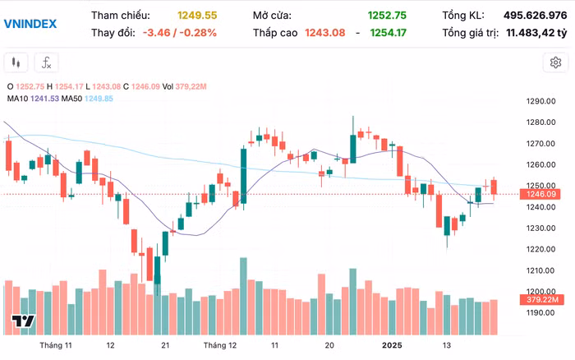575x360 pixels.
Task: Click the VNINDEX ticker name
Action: click(30, 23)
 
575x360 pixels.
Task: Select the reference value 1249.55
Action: click(197, 16)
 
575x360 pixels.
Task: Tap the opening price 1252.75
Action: click(388, 16)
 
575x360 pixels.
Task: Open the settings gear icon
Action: click(555, 62)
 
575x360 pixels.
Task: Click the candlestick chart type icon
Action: click(16, 62)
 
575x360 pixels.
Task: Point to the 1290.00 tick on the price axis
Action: click(542, 102)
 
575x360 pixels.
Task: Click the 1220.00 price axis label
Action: click(542, 249)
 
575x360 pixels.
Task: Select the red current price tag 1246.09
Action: click(543, 194)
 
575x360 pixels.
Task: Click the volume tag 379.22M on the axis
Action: click(543, 301)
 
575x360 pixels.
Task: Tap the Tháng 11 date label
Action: click(57, 346)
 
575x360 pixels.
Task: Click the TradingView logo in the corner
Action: click(22, 321)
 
